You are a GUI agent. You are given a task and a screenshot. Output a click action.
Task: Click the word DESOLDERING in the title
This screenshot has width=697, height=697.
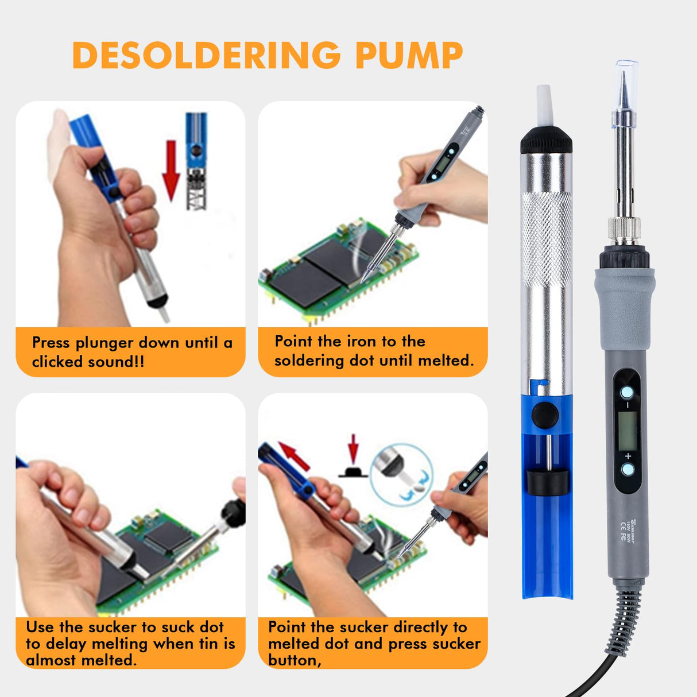coord(207,55)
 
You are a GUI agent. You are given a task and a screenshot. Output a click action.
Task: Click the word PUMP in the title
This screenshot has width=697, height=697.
coord(409,55)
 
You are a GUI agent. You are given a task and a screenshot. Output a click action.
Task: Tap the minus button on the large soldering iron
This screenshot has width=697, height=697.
coord(627,393)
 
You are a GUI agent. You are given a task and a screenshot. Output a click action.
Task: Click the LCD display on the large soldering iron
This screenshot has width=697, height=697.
coord(627,431)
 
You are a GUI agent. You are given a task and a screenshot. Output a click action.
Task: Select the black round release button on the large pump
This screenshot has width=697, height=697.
coord(545,414)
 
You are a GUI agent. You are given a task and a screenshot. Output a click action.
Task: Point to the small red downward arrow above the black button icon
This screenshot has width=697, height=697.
coord(353,448)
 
